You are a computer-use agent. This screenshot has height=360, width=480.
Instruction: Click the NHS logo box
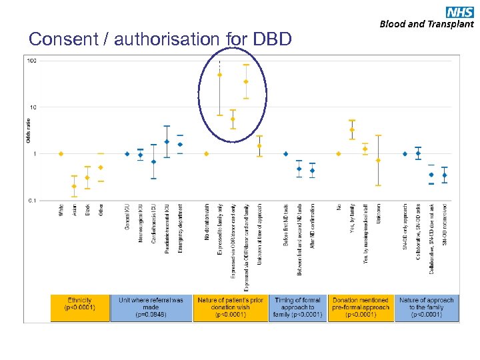click(460, 11)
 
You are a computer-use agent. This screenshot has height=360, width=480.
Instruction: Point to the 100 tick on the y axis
click(31, 61)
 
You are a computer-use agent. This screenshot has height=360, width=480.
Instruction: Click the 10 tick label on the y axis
click(33, 107)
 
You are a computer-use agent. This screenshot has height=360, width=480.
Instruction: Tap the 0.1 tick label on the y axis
click(31, 200)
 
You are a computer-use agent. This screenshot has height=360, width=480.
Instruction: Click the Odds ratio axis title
click(28, 131)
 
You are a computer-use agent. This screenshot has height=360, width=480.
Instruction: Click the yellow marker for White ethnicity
click(61, 154)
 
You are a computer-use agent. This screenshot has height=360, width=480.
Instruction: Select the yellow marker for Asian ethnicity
click(74, 186)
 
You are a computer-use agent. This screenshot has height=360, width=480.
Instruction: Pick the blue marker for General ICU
click(127, 154)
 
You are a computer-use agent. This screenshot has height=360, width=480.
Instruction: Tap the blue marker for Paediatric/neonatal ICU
click(167, 141)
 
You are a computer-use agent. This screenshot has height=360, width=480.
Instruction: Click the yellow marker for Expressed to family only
click(220, 75)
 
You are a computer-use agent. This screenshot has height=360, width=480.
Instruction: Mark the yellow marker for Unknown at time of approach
click(259, 145)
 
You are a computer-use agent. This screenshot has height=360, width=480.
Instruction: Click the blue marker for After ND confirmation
click(312, 171)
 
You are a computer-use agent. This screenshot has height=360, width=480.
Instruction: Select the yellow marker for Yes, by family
click(352, 130)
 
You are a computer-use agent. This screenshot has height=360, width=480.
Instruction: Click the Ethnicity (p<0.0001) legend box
click(79, 308)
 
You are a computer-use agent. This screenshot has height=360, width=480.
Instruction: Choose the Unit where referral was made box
click(151, 308)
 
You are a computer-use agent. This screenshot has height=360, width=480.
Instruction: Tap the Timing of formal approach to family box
click(297, 308)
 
